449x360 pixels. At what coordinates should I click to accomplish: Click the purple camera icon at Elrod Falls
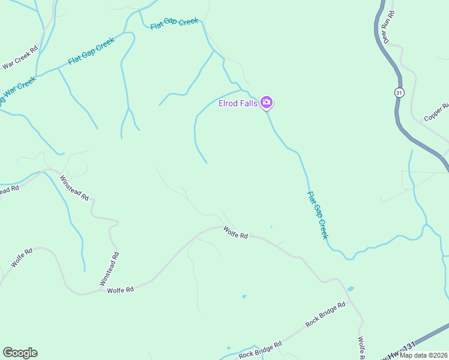coord(267,103)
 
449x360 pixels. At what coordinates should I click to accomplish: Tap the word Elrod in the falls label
coord(228,104)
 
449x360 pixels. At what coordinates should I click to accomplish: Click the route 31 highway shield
coord(399,92)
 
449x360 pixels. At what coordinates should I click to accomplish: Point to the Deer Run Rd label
coord(388,27)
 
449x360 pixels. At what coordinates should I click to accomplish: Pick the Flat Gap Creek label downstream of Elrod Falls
coord(318,215)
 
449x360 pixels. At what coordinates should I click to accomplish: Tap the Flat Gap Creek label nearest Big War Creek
coord(91,52)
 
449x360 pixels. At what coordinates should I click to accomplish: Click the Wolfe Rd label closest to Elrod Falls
coord(235,232)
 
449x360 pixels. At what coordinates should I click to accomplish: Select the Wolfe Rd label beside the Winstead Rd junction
coord(120,290)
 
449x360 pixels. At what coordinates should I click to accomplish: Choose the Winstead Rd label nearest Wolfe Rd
coord(109,268)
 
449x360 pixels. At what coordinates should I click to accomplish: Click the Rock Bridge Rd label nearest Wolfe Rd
coord(325,314)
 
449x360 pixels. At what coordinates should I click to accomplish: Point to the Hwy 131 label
coord(399,350)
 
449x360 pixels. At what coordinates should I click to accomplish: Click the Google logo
coord(20,353)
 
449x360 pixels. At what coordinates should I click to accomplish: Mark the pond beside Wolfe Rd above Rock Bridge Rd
coord(351,289)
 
